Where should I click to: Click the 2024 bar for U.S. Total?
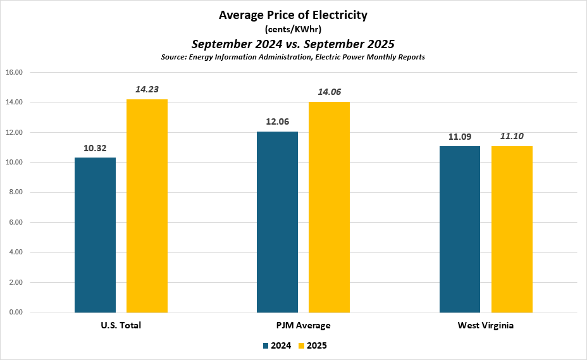[x=95, y=235]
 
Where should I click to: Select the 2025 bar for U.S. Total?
[x=147, y=206]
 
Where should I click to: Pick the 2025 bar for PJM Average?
[x=329, y=207]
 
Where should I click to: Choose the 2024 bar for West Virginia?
[x=460, y=229]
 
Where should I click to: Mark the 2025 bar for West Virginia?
[x=512, y=229]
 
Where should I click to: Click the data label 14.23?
[x=147, y=89]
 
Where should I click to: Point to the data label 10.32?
[x=95, y=148]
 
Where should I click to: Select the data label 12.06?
[x=277, y=121]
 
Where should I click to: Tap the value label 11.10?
[x=512, y=136]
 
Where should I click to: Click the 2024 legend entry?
[x=276, y=345]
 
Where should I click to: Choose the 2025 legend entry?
[x=313, y=345]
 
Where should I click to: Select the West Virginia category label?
[x=486, y=325]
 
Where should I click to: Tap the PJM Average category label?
[x=303, y=325]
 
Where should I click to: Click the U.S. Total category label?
[x=121, y=325]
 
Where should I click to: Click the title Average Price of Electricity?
[x=293, y=15]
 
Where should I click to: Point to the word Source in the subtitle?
[x=175, y=57]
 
